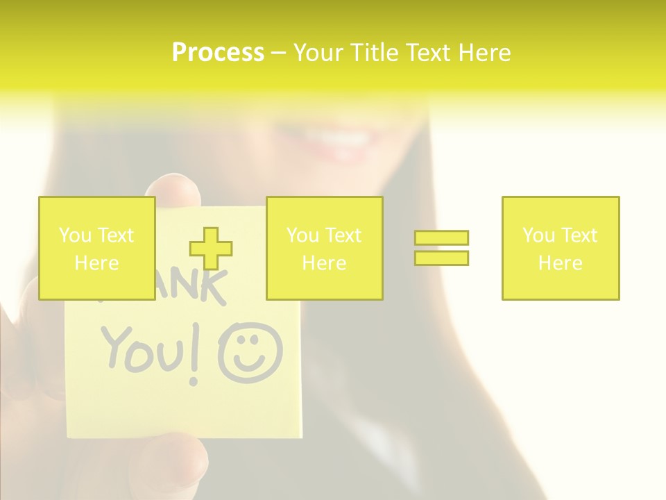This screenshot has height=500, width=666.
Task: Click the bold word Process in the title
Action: coord(218,53)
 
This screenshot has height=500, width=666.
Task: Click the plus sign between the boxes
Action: coord(211,248)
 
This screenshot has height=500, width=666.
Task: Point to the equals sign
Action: coord(441,248)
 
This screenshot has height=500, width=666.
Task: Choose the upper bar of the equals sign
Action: coord(441,238)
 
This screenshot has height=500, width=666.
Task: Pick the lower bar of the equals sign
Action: coord(441,258)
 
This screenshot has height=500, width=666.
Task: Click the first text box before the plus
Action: coord(96,248)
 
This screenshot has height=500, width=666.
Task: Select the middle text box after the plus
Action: coord(324,248)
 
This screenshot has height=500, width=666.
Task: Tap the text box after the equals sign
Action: coord(560,248)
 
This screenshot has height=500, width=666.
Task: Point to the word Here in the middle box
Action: coord(324,263)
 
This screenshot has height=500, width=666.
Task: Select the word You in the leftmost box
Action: coord(74,235)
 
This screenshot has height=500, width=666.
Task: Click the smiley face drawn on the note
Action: coord(250,354)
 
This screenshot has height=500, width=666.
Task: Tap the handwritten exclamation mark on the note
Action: coord(196,358)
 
